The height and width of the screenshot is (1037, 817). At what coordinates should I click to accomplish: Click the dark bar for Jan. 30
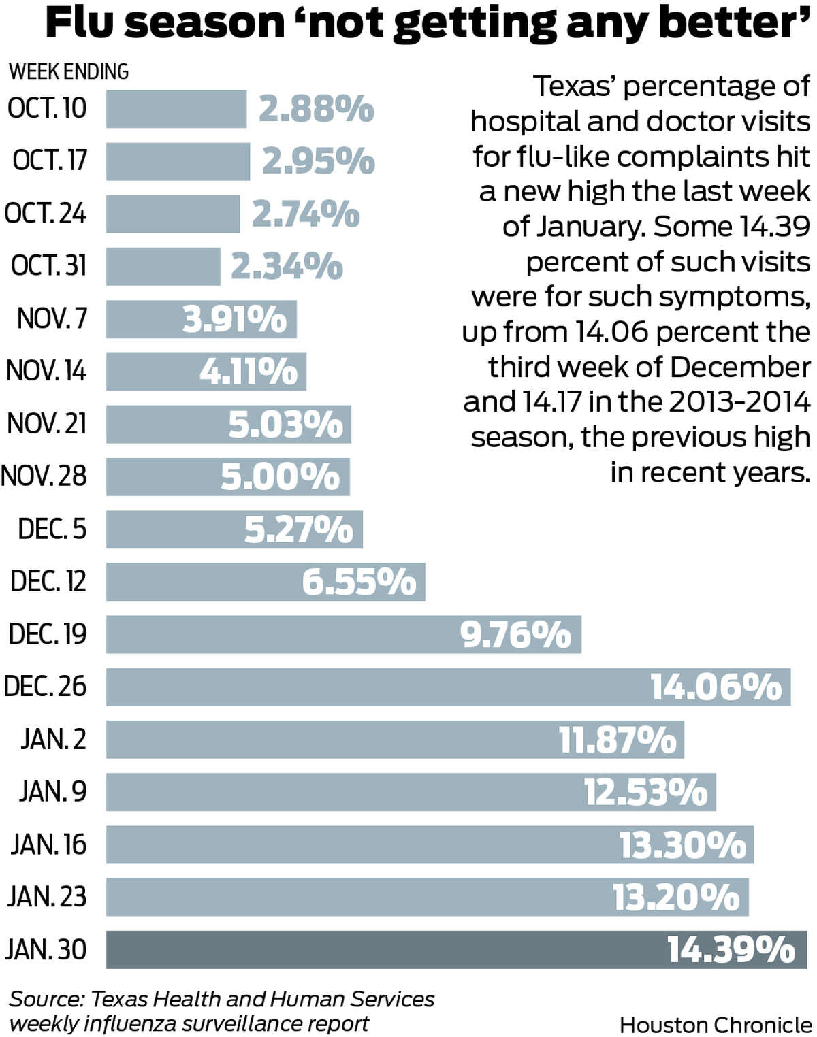point(381,949)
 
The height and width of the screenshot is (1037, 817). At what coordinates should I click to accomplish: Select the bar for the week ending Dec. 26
point(374,687)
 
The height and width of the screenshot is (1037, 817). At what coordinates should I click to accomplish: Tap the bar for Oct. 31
point(163,266)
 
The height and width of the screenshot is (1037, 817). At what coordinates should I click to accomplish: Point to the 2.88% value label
point(317,109)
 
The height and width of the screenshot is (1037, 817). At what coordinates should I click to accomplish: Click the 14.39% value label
point(731,949)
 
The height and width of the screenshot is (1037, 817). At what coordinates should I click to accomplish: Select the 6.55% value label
point(359,582)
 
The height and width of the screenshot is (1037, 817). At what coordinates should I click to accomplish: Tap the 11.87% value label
point(618,740)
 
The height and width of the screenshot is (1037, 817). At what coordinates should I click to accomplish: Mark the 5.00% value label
point(280,476)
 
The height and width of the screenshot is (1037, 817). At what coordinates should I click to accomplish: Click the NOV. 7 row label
point(52,318)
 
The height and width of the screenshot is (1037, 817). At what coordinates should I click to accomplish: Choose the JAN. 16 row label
point(48,844)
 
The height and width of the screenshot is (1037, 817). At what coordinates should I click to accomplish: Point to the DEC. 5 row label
point(52,529)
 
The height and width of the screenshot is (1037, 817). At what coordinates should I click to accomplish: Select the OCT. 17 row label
point(50,161)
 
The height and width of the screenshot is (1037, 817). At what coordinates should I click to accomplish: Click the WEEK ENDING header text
point(69,71)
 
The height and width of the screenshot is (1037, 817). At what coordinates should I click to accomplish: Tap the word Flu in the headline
point(81,23)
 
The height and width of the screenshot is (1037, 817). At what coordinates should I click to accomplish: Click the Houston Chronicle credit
point(716,1025)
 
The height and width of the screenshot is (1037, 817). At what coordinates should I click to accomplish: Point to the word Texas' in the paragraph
point(576,86)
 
